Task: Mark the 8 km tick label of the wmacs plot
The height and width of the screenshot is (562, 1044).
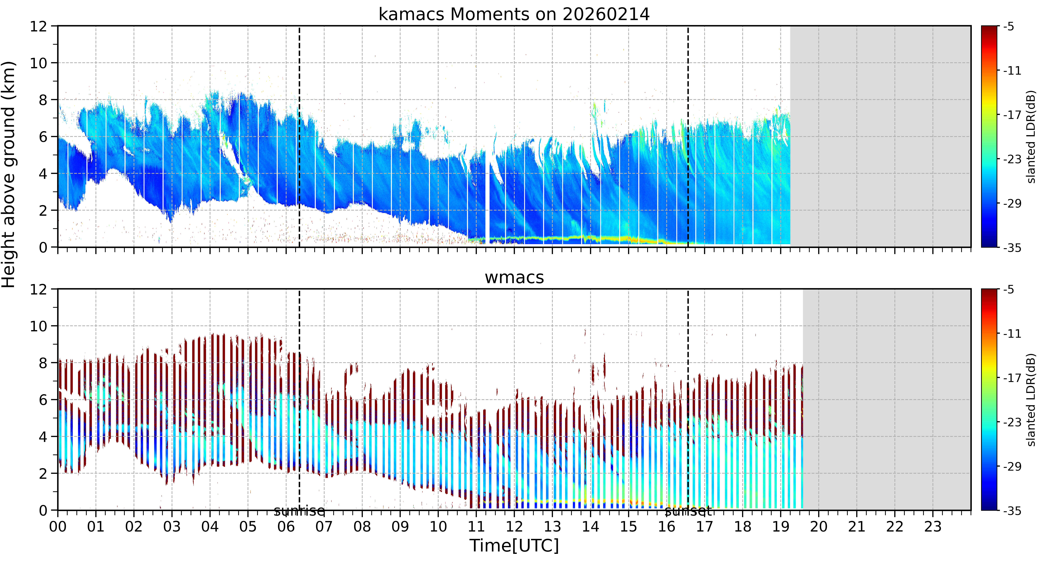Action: point(43,363)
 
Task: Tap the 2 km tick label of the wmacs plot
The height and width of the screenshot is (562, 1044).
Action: point(43,474)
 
